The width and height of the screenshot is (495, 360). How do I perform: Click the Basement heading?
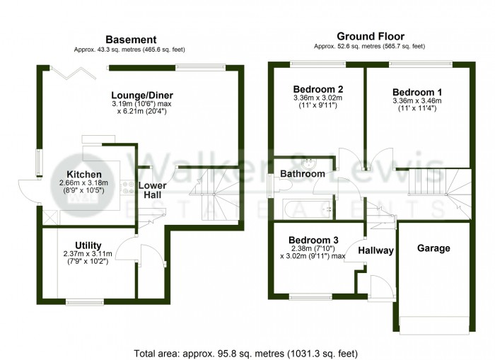click(131, 40)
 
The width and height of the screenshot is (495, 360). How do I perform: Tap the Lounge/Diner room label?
click(142, 95)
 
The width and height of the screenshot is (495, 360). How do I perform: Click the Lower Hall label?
click(153, 190)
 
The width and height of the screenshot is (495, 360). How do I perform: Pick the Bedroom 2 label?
click(318, 89)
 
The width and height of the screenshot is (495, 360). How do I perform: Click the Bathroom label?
click(302, 173)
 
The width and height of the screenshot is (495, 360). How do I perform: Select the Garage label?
click(434, 248)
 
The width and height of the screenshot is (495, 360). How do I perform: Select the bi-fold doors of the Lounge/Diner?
click(78, 67)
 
